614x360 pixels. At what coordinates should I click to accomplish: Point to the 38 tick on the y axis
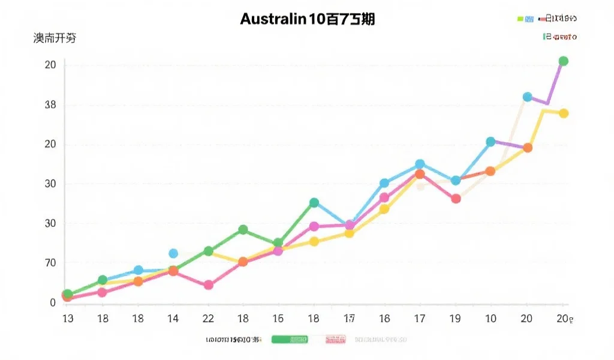click(x=50, y=105)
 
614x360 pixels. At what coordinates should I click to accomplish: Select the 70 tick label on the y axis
click(x=50, y=263)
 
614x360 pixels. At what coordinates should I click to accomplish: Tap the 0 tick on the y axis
click(x=53, y=303)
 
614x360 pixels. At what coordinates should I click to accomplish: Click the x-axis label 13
click(x=68, y=318)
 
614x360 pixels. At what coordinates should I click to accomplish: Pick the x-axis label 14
click(x=173, y=318)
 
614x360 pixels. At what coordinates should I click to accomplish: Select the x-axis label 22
click(x=208, y=318)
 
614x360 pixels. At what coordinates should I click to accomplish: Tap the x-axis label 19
click(x=455, y=318)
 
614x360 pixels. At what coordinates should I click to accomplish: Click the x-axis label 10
click(x=490, y=318)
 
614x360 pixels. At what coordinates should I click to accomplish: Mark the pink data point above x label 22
click(x=208, y=285)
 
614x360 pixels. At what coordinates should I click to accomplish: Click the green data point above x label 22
click(x=208, y=251)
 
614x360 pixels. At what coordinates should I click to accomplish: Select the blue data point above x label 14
click(x=173, y=254)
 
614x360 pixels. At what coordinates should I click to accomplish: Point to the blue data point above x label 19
click(x=456, y=181)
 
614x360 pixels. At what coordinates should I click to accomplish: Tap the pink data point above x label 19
click(x=456, y=199)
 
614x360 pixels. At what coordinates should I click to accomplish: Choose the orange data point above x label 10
click(x=490, y=171)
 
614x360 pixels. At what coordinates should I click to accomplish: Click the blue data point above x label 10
click(x=490, y=142)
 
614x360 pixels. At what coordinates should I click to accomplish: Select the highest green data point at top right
click(x=563, y=61)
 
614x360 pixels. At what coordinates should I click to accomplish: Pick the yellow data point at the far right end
click(x=564, y=113)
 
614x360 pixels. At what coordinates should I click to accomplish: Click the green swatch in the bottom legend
click(x=290, y=340)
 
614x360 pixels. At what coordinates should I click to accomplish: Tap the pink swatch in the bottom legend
click(x=335, y=340)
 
